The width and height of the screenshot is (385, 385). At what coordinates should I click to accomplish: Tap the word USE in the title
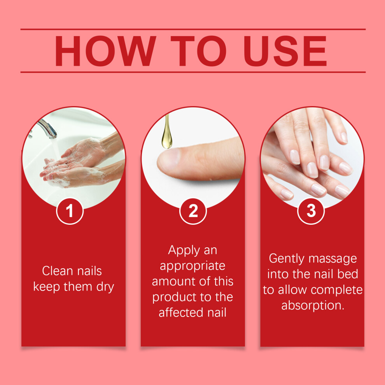285,51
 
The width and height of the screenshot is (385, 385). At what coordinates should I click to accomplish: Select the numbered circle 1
70,211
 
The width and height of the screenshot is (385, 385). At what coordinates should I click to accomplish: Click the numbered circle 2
193,211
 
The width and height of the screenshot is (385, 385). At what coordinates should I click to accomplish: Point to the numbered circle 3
311,211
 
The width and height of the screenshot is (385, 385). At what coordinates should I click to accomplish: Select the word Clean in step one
58,271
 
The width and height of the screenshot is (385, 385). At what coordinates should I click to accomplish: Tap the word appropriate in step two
192,266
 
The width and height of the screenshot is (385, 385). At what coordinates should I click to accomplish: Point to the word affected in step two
181,313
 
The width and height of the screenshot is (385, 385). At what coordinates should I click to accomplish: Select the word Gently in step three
287,259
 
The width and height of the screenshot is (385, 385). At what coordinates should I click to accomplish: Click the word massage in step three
333,259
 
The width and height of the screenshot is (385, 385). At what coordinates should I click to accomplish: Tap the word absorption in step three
313,306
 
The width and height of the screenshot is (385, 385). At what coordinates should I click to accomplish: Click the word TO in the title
198,51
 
